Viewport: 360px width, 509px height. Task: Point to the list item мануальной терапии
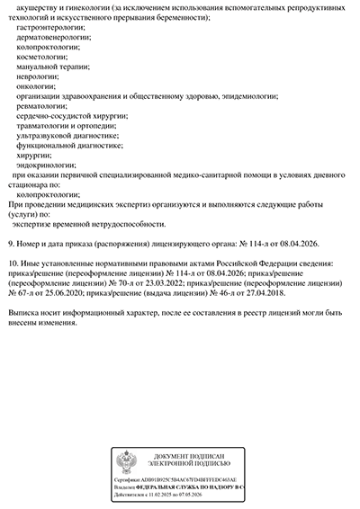pos(53,68)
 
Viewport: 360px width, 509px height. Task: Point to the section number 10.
pos(11,262)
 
